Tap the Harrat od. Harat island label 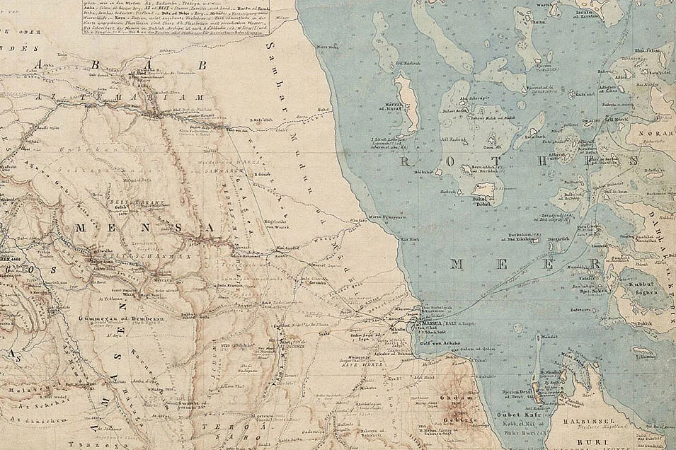(x=394, y=107)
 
